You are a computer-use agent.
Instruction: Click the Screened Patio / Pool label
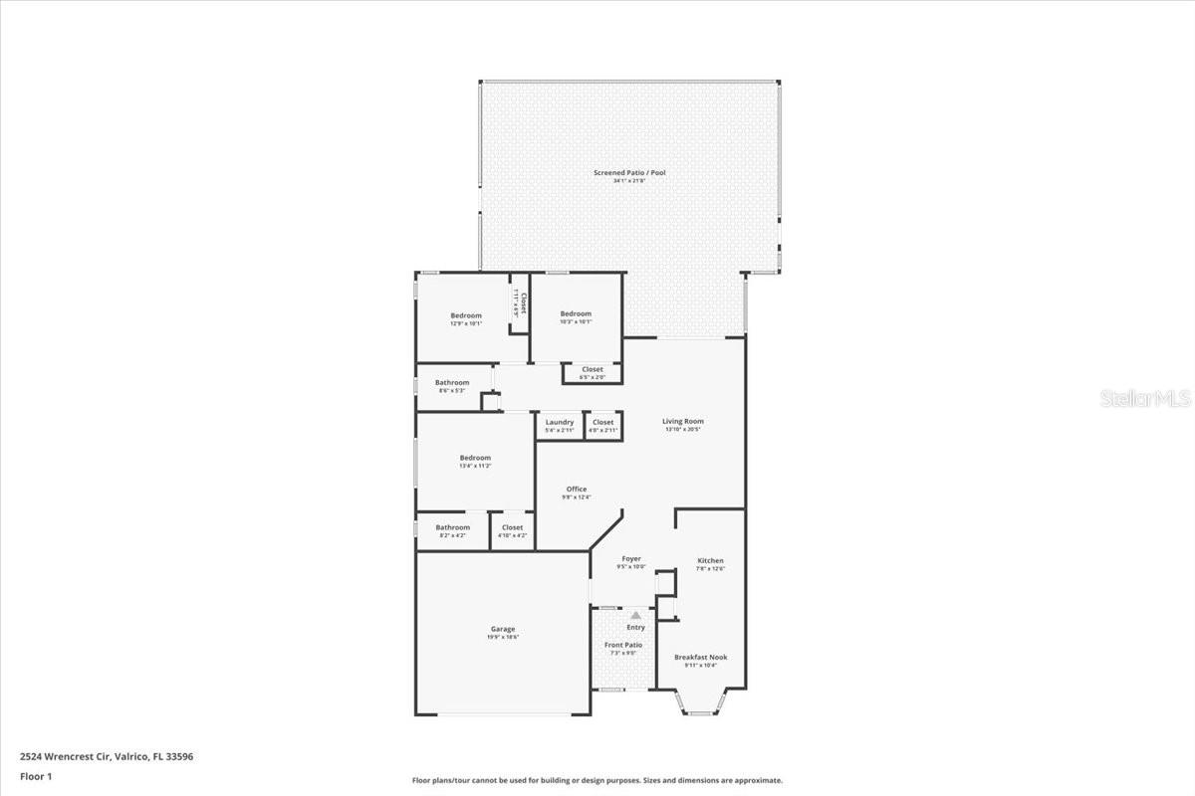(629, 173)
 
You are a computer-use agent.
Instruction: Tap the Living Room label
(683, 422)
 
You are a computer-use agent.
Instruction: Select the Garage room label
(503, 629)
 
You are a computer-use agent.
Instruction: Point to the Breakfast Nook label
(701, 658)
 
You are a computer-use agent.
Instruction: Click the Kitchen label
(710, 561)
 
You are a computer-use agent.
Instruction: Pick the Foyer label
(631, 559)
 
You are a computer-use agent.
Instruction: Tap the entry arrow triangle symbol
(635, 616)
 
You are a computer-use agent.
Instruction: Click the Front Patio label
(623, 646)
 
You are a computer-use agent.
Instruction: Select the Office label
(577, 490)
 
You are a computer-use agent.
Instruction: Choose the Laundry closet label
(559, 423)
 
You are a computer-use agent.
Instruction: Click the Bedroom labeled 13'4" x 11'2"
(475, 458)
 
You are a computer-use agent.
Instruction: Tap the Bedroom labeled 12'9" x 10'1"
(466, 316)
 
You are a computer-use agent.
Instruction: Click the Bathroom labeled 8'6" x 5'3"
(452, 383)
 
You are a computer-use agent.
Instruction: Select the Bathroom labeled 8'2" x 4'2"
(452, 527)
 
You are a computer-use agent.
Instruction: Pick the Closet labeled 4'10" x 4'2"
(512, 527)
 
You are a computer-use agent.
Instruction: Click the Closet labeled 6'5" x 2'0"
(593, 370)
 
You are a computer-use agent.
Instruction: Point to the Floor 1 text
(36, 775)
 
